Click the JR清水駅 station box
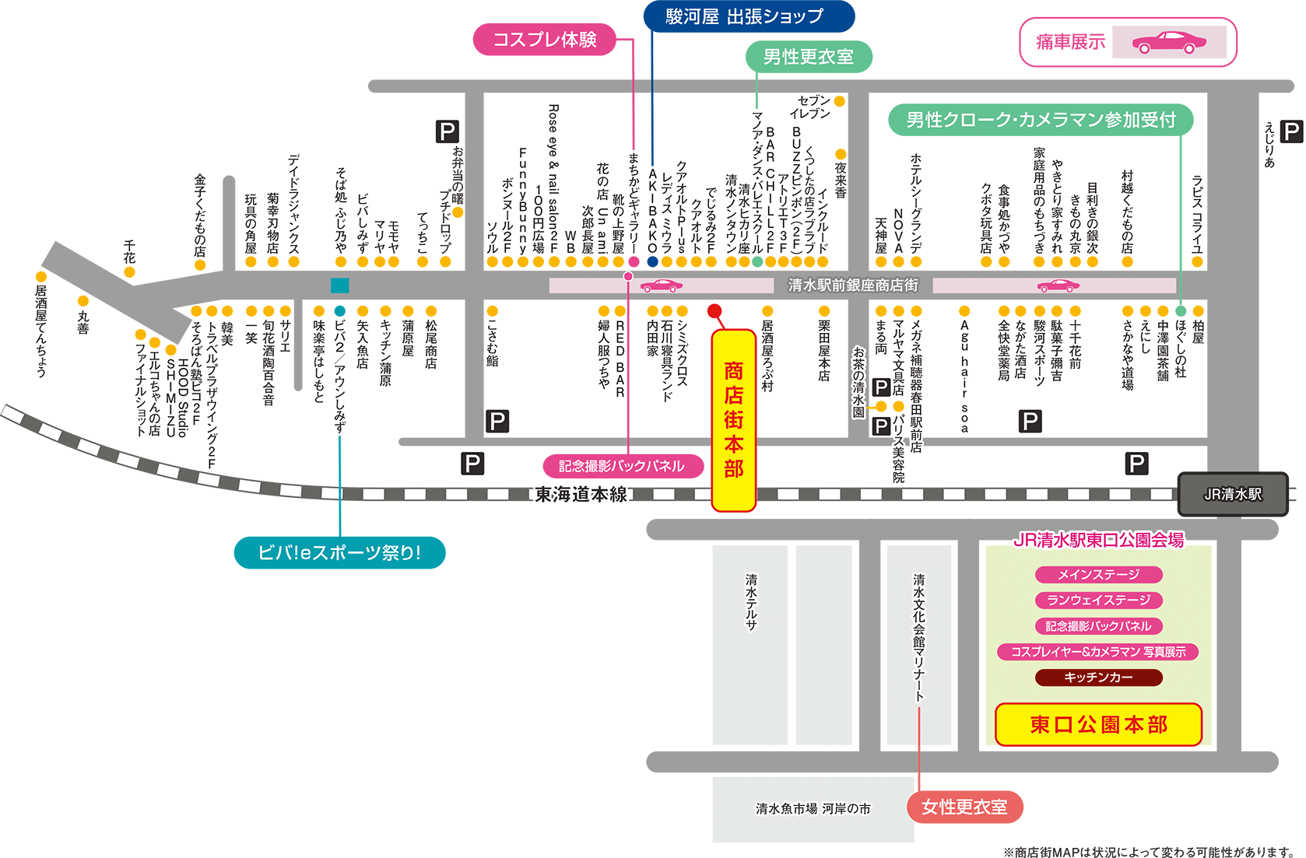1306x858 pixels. click(1232, 494)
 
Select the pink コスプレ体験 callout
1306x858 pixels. click(545, 40)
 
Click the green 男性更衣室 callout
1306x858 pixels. click(808, 57)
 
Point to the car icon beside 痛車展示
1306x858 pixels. click(1169, 42)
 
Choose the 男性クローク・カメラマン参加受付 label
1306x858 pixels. click(1041, 120)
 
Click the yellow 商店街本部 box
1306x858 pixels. click(733, 420)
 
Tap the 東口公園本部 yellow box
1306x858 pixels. click(1098, 724)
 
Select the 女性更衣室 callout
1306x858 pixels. click(964, 807)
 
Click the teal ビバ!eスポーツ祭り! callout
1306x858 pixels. click(339, 553)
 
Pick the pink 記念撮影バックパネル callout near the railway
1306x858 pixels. click(623, 466)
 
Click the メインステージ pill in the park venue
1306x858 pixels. click(1098, 575)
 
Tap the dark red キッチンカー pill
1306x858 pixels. click(1098, 678)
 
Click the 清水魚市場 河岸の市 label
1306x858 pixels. click(813, 809)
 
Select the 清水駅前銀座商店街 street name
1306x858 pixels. click(853, 285)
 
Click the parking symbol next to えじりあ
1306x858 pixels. click(1291, 131)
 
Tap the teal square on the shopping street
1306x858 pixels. click(340, 285)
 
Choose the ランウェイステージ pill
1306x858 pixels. click(1098, 601)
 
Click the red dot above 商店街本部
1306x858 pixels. click(714, 311)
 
